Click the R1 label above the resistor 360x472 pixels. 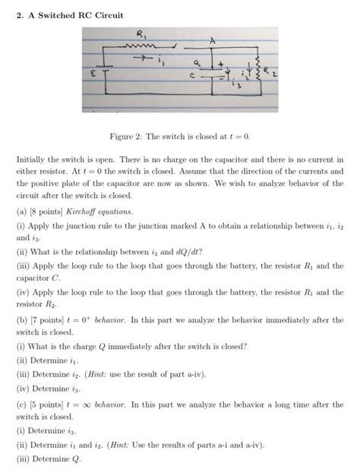(x=145, y=33)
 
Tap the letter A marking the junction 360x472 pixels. (x=215, y=40)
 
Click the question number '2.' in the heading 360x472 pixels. (x=19, y=14)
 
